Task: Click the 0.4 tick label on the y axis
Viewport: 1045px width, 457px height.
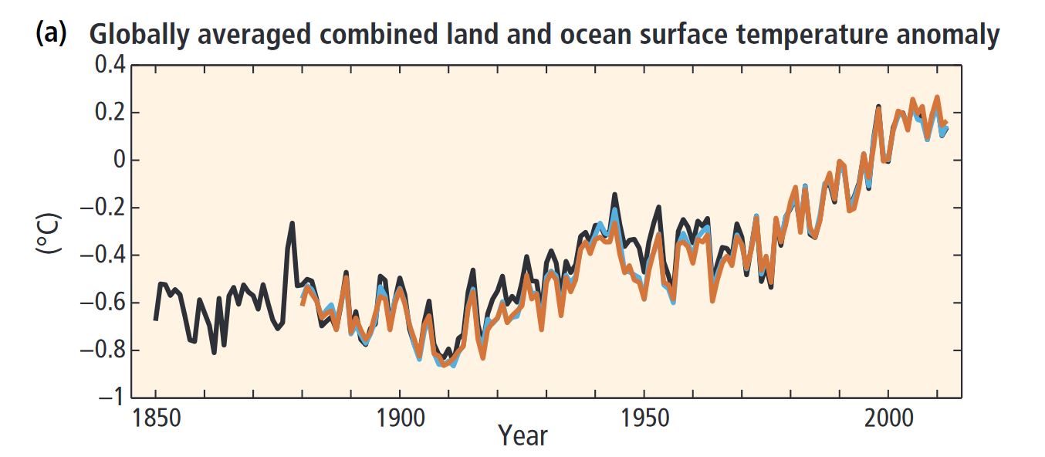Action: [x=108, y=66]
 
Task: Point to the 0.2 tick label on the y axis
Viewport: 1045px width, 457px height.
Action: [x=108, y=113]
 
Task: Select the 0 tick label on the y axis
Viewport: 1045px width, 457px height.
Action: [x=117, y=161]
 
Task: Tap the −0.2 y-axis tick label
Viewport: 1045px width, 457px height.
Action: [x=101, y=208]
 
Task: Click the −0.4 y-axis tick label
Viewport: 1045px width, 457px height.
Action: [x=101, y=256]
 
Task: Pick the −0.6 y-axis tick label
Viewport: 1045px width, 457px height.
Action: [x=101, y=303]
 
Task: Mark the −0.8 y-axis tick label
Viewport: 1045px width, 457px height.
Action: [x=101, y=350]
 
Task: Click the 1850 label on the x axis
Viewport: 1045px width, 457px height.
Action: [x=156, y=419]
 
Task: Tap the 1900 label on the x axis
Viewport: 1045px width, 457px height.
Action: [x=400, y=419]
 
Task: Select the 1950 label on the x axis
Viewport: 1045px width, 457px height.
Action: [x=644, y=419]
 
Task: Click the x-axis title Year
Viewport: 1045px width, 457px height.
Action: [x=522, y=436]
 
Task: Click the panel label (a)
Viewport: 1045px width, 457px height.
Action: [x=52, y=33]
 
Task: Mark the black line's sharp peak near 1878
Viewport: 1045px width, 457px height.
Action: [x=293, y=223]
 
